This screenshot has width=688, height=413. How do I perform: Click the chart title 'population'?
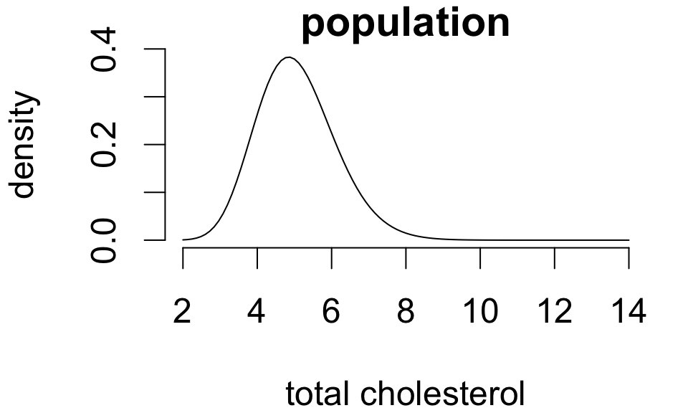[406, 23]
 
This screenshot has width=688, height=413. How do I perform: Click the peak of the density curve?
[289, 57]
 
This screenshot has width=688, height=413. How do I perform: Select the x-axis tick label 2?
[183, 313]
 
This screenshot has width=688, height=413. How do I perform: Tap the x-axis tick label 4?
[257, 313]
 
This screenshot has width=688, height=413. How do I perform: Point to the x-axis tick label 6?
[331, 313]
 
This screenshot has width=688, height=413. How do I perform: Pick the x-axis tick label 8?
[406, 313]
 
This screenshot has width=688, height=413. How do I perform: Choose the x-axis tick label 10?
[480, 313]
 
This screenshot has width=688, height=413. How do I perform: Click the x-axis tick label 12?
[554, 313]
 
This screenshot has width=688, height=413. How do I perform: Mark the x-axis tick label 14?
[629, 313]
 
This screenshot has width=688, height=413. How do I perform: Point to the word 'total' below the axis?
[317, 394]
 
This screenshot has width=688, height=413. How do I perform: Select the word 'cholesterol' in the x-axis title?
[441, 394]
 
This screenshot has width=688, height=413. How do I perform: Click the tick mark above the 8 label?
[406, 258]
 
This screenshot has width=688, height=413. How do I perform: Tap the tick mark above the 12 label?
[554, 258]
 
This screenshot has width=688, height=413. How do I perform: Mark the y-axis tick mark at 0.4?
[156, 49]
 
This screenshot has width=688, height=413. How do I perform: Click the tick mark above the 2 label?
[183, 258]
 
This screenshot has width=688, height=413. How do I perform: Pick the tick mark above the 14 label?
[629, 258]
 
